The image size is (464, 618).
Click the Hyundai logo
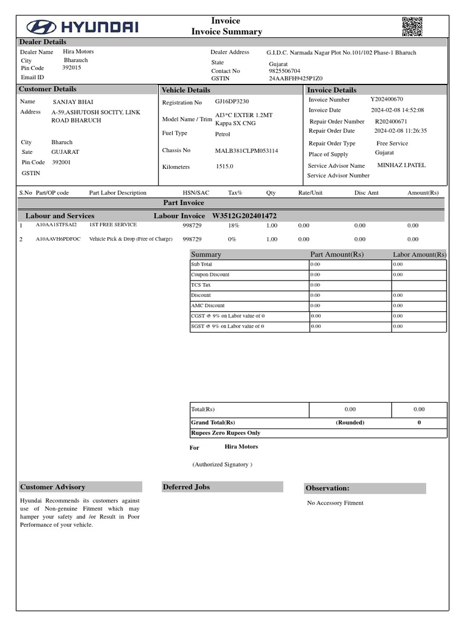[82, 27]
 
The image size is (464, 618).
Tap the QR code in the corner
[411, 27]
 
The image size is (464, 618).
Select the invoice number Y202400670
[387, 99]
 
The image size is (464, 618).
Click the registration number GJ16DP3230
[232, 102]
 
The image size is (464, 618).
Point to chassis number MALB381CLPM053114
[246, 150]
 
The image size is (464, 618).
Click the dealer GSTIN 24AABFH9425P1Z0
[295, 78]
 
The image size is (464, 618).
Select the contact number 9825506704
[284, 71]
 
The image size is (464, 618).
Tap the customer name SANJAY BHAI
[73, 102]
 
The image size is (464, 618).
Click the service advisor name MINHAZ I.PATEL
[402, 165]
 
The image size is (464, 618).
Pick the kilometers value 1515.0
[224, 167]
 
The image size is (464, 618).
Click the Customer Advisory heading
[53, 487]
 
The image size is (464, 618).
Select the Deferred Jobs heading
[186, 487]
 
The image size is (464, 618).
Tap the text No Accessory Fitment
[335, 503]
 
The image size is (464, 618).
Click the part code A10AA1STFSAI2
[56, 225]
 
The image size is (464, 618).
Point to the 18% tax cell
[233, 225]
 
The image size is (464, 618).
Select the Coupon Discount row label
[210, 275]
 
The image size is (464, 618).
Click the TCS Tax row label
[201, 285]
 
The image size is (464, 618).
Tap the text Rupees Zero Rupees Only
[226, 433]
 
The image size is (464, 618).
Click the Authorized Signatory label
[222, 464]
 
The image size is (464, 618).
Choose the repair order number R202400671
[391, 121]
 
